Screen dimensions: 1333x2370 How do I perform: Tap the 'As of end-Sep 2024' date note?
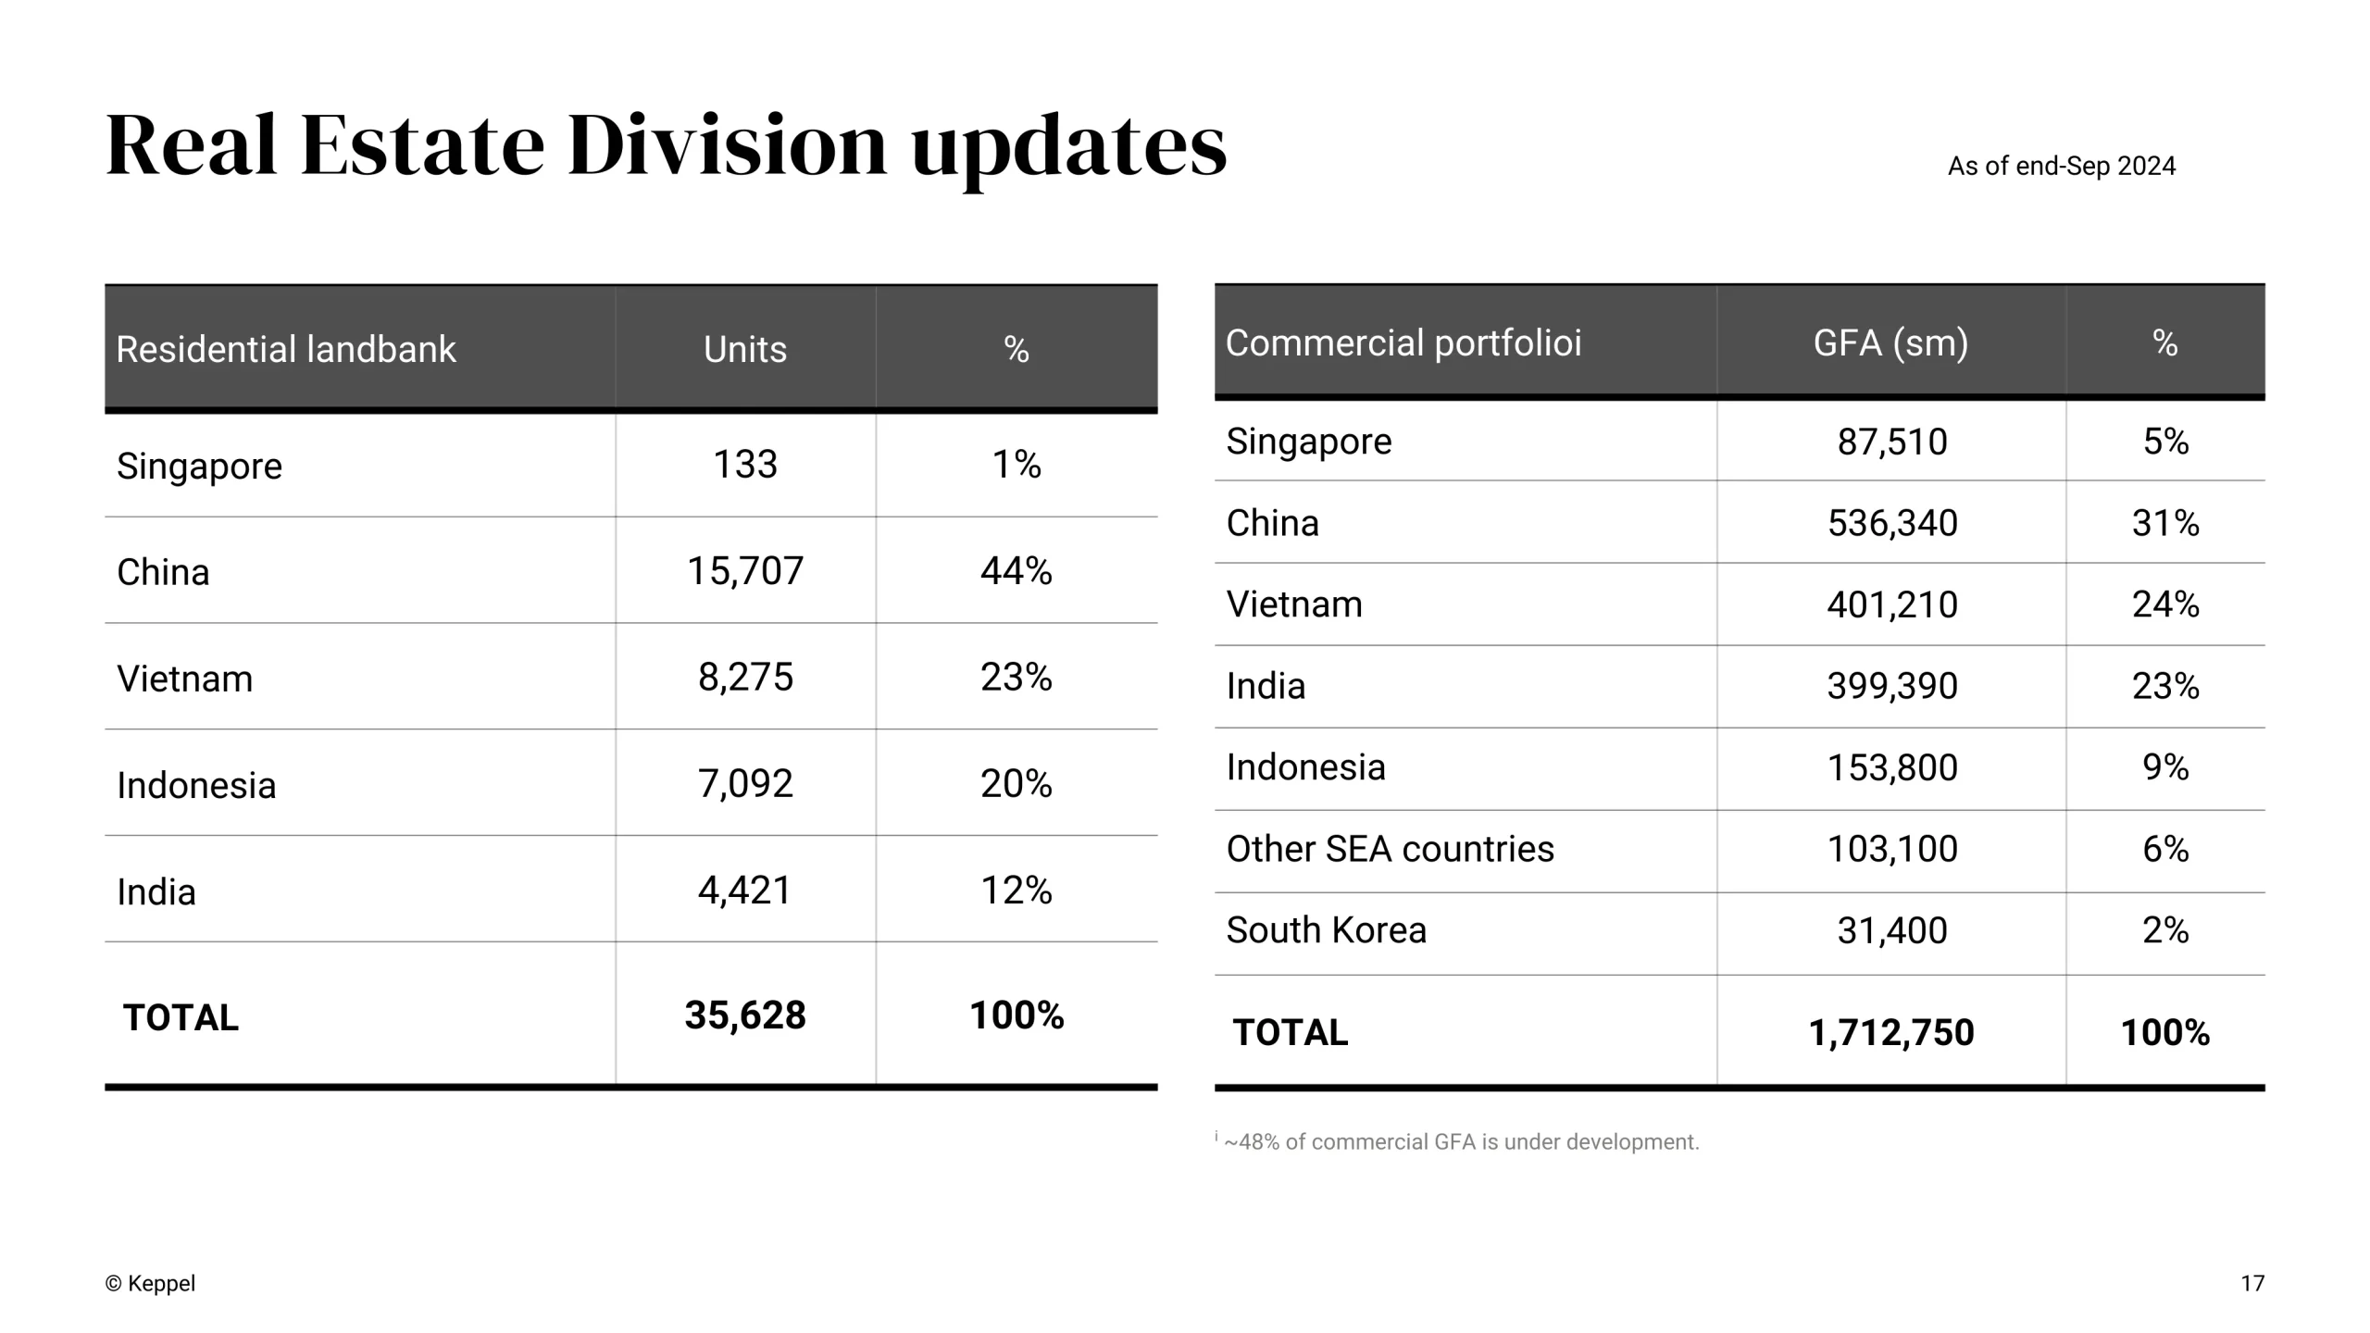point(2061,167)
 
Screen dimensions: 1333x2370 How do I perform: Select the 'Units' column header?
point(745,350)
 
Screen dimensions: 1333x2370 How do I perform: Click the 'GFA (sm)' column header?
point(1890,343)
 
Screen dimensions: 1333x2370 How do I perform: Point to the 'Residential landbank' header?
point(286,350)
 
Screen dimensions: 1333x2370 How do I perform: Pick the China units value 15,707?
point(745,571)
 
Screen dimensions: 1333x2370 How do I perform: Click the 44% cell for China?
point(1016,571)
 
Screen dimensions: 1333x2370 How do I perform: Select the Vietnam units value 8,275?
point(745,678)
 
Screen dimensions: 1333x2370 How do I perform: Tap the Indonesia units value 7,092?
point(745,784)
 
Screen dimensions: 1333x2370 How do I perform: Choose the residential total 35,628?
point(745,1015)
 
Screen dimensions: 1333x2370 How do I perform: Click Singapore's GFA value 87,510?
point(1891,442)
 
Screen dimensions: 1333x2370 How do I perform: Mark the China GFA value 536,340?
point(1891,524)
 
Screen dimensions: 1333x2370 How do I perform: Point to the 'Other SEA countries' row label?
point(1390,849)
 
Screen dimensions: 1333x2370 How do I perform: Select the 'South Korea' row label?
point(1326,930)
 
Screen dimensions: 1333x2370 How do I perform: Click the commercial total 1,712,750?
point(1891,1033)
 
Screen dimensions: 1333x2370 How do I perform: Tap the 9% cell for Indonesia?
point(2164,767)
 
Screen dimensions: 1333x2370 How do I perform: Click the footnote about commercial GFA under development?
point(1460,1142)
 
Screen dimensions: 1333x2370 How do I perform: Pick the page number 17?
point(2251,1284)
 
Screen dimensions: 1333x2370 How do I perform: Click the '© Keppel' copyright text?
point(150,1284)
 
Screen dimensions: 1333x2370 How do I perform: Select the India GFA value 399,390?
point(1891,687)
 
